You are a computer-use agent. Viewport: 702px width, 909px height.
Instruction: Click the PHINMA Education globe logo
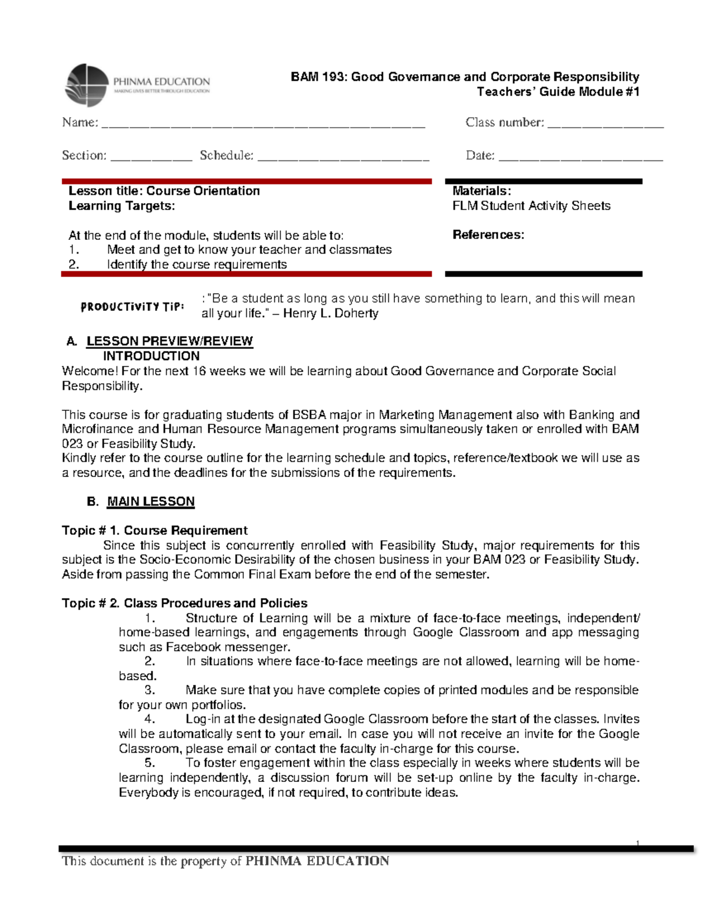[87, 85]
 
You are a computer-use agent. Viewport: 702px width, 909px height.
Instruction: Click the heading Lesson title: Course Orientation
[164, 191]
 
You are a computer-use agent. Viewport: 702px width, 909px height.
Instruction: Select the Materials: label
[481, 191]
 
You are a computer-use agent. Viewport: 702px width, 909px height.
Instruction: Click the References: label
[488, 235]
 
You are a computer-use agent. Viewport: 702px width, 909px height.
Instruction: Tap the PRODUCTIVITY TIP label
[133, 307]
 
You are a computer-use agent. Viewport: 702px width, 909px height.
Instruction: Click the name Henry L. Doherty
[331, 313]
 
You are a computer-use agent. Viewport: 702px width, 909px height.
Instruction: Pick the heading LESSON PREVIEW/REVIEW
[170, 341]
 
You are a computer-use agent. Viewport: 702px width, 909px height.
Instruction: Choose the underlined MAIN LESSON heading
[150, 502]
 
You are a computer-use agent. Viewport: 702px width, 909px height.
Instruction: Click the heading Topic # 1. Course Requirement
[154, 530]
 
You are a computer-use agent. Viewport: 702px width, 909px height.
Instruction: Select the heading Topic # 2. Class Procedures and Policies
[184, 603]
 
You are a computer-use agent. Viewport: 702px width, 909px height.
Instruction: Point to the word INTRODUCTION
[151, 356]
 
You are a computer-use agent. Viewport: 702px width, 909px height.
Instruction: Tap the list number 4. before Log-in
[150, 719]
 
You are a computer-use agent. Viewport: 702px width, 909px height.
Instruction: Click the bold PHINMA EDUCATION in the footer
[317, 861]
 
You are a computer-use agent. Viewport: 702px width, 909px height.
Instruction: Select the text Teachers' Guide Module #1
[558, 91]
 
